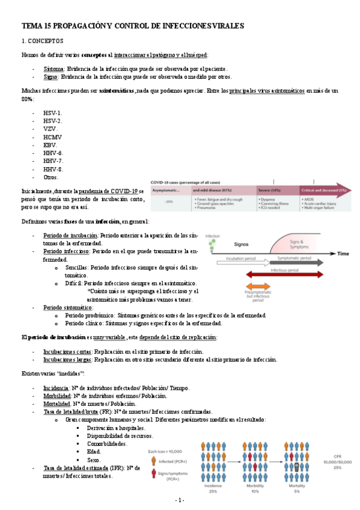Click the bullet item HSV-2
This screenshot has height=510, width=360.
(x=52, y=121)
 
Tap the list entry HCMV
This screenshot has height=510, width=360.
(x=53, y=137)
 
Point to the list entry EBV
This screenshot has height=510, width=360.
(x=50, y=145)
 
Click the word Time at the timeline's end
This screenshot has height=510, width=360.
(x=342, y=254)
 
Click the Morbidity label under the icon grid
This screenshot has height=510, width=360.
(x=255, y=485)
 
